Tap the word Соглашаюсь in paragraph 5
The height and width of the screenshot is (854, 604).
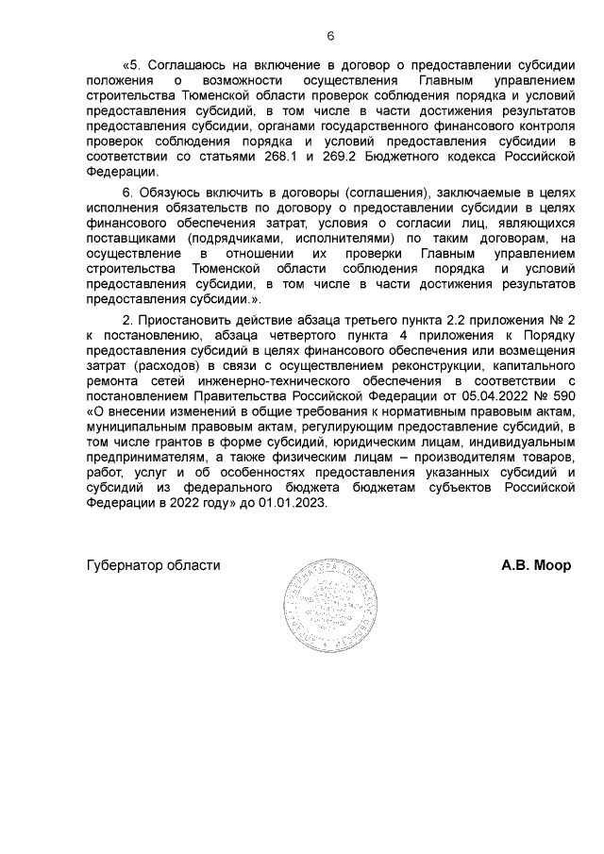(x=189, y=64)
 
